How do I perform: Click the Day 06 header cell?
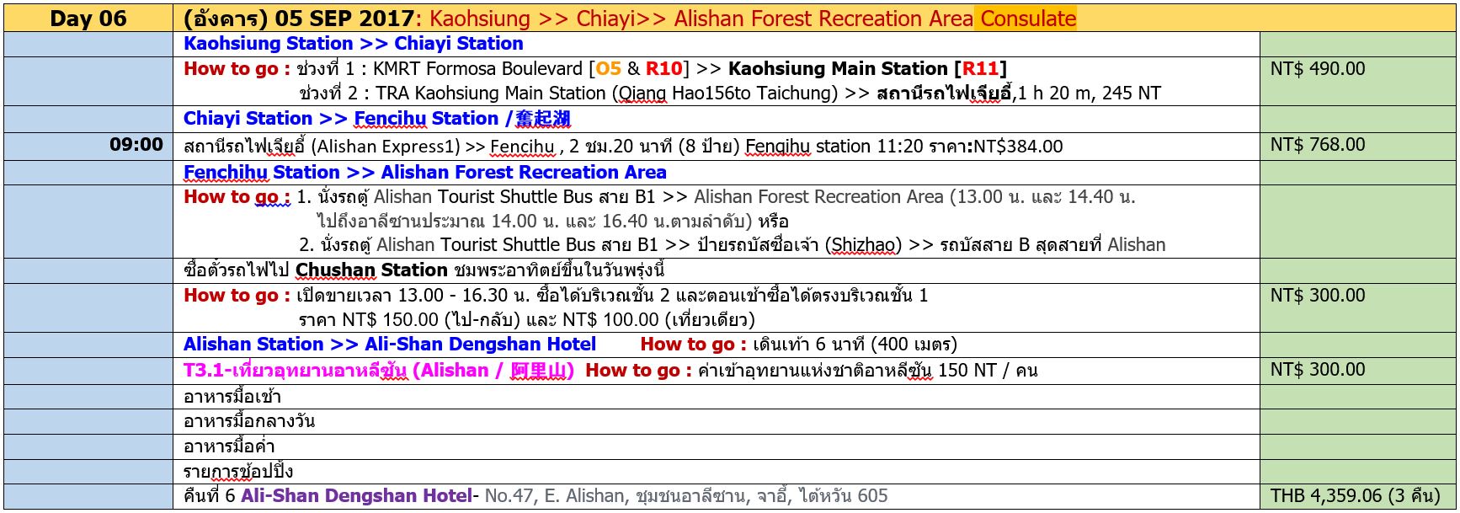click(88, 19)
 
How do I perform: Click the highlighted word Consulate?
click(1028, 19)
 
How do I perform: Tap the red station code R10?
click(664, 69)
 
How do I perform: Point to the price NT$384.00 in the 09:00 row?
click(1017, 147)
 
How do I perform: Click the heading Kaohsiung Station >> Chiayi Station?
click(354, 44)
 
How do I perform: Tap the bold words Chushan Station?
click(371, 270)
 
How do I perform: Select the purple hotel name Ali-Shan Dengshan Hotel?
click(356, 496)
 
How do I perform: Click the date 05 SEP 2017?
click(344, 19)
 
